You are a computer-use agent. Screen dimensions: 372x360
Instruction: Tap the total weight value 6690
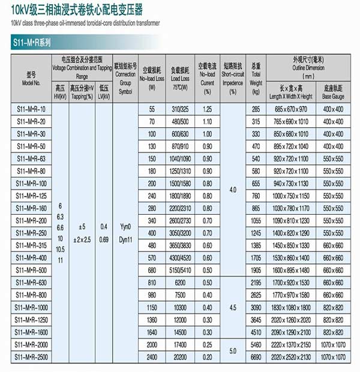[x=256, y=358]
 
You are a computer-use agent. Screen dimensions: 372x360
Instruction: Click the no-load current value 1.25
[x=208, y=110]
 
